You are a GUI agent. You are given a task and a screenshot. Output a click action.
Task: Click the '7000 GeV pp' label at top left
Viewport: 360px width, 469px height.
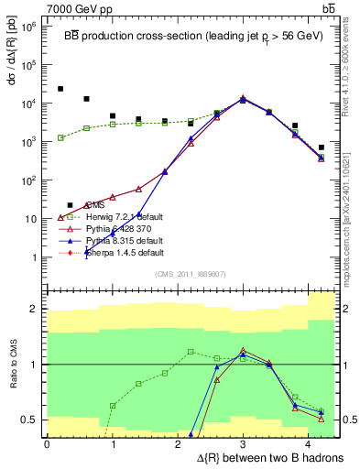38,7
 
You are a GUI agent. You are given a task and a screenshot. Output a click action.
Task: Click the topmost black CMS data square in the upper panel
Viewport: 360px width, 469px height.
60,89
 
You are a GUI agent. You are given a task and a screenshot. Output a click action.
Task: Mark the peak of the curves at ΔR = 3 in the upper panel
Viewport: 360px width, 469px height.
243,98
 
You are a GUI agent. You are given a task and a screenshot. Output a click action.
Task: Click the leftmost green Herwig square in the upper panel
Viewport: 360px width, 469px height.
60,137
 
